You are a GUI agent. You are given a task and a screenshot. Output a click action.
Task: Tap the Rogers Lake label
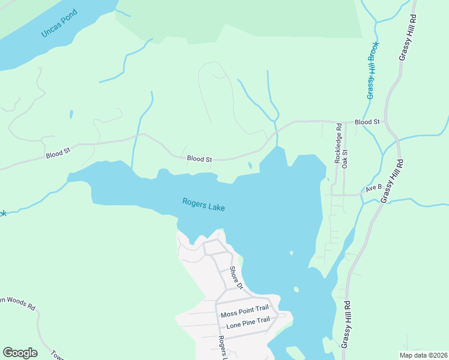(203, 205)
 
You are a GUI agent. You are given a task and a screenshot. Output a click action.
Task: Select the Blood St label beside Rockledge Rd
(367, 122)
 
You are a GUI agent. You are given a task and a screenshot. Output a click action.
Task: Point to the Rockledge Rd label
(338, 144)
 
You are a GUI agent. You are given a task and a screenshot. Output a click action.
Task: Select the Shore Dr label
(236, 277)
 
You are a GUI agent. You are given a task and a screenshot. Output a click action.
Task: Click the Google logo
(20, 353)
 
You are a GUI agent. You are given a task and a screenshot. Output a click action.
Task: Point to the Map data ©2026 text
(424, 355)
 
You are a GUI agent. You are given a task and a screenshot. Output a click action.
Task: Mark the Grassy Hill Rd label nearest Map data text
(346, 319)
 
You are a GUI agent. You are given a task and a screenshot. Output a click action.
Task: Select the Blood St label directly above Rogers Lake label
(199, 159)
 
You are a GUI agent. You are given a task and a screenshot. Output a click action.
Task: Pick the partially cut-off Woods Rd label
(18, 303)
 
